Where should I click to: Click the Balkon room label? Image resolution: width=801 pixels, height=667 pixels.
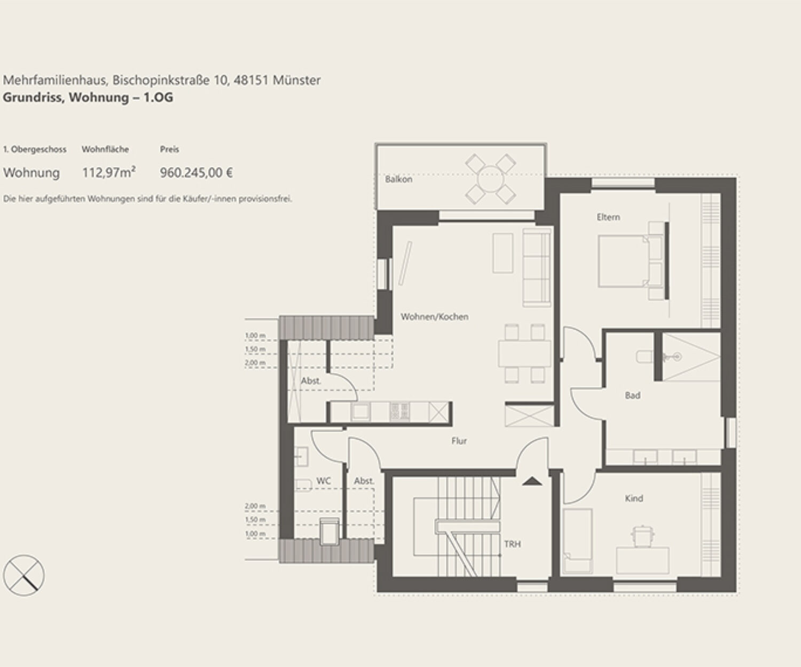[398, 179]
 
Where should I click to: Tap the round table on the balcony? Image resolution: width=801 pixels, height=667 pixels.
[490, 179]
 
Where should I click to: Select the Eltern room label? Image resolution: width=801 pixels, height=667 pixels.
[608, 217]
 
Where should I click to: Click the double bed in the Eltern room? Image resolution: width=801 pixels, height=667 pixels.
[631, 261]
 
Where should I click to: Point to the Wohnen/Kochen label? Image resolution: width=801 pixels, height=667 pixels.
[434, 316]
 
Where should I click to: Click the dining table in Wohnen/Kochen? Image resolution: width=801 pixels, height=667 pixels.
[524, 353]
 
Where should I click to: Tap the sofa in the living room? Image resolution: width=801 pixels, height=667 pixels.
[536, 267]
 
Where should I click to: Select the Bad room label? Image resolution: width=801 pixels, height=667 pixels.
[633, 395]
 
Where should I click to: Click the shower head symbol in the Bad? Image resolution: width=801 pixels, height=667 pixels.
[677, 357]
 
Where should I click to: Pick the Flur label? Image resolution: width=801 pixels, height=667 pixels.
[459, 441]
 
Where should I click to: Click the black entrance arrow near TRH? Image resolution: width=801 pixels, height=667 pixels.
[532, 481]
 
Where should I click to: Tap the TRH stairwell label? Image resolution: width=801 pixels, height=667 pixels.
[513, 544]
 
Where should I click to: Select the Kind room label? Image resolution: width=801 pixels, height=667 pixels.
[634, 498]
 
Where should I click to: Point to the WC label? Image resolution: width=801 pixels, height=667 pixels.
[324, 481]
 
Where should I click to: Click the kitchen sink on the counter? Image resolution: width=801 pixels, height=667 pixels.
[360, 412]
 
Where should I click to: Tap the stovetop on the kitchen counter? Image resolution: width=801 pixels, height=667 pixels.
[399, 412]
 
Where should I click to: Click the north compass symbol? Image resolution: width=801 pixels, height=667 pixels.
[24, 575]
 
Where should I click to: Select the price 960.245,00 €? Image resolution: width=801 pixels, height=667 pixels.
[197, 173]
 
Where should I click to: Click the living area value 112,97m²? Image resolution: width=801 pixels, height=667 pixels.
[108, 173]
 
